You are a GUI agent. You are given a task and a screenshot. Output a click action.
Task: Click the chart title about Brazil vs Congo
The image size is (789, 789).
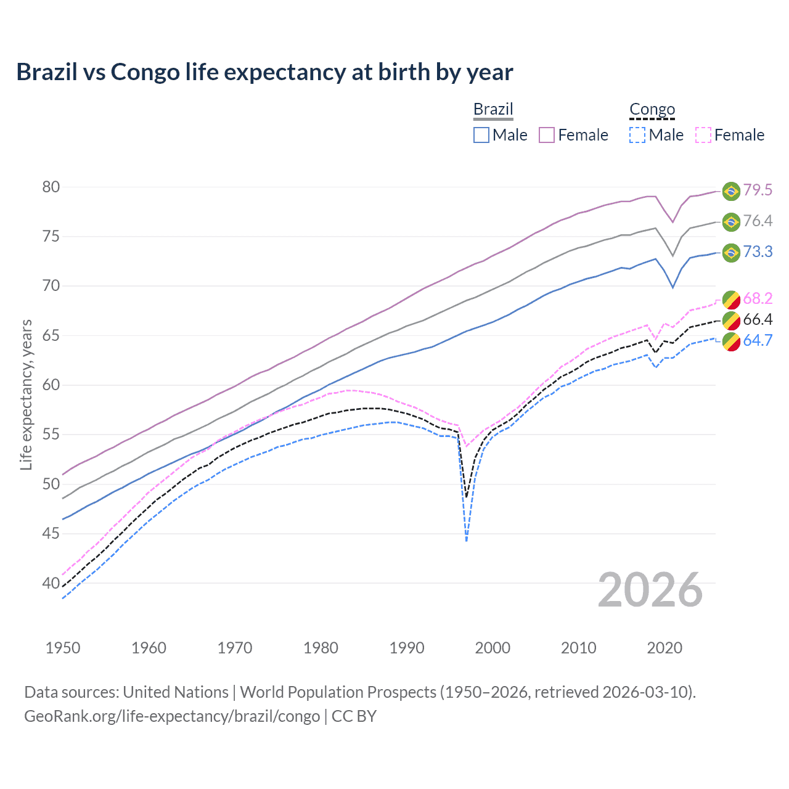coord(264,72)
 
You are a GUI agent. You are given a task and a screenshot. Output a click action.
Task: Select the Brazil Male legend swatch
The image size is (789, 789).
coord(481,135)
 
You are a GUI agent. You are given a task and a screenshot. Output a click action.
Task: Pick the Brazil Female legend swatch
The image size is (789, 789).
coord(547,135)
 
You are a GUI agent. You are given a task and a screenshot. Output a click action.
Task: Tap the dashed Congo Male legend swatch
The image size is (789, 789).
coord(637,135)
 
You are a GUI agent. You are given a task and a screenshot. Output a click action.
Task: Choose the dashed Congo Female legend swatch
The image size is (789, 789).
coord(703,135)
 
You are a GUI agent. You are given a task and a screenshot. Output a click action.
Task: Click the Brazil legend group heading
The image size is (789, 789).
coord(493,109)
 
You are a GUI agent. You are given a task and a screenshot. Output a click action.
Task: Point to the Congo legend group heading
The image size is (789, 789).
coord(652,109)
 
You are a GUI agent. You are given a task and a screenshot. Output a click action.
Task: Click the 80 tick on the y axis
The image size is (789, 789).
coord(51,187)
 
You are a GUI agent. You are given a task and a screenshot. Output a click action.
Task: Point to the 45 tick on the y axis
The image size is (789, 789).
coord(51,533)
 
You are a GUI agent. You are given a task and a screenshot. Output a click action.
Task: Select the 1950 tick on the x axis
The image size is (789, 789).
coord(63,648)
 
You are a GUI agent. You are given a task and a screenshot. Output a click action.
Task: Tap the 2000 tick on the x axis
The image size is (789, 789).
coord(493,648)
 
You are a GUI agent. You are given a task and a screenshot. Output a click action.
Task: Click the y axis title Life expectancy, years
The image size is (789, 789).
coord(26,394)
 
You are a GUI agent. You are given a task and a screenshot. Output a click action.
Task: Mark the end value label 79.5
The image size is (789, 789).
coord(758,190)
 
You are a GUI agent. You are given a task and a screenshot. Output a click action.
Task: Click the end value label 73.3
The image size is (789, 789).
coord(758,251)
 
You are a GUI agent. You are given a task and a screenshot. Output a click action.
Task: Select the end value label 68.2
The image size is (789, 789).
coord(758,299)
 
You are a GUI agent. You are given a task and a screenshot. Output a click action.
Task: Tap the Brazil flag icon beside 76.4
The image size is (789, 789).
coord(731,222)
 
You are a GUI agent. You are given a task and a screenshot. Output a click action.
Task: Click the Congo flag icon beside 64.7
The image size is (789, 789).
coord(731,341)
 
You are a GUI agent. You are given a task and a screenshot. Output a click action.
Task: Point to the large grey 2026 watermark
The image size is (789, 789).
coord(650,590)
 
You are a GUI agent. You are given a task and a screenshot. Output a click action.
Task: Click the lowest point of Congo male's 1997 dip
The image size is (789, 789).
coord(467,541)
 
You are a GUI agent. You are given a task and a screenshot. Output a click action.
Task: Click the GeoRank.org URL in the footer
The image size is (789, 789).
coord(172,716)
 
